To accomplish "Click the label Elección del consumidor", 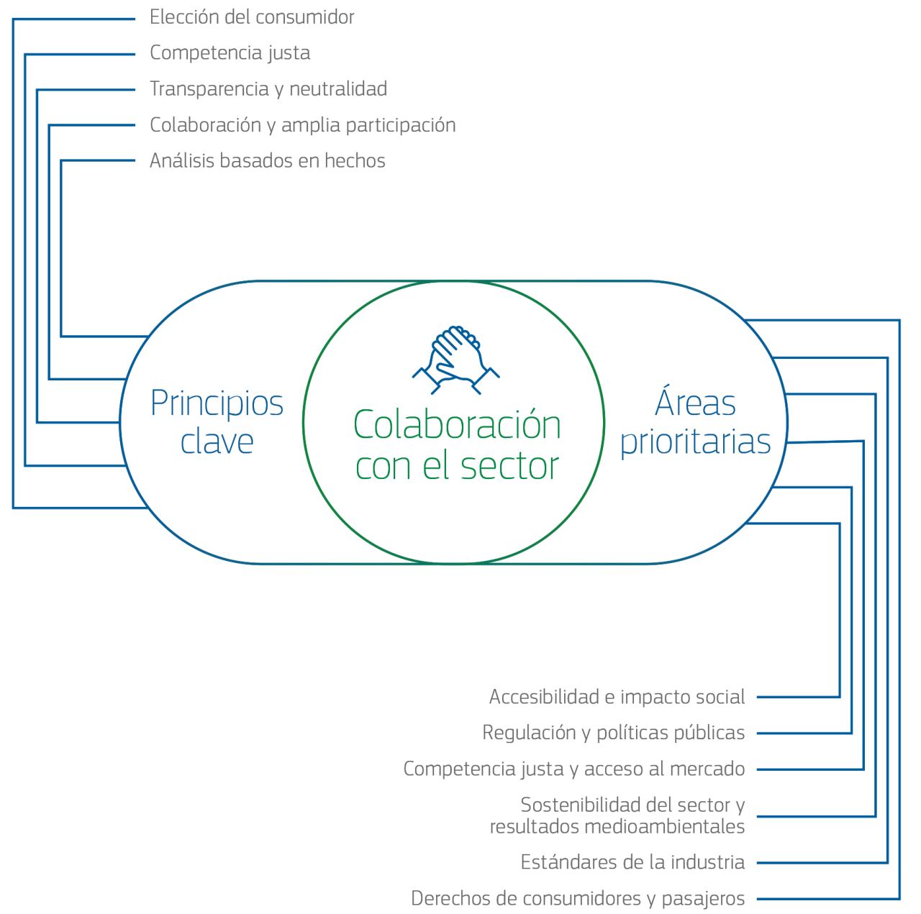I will [x=252, y=17].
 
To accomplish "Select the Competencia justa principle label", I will [x=230, y=53].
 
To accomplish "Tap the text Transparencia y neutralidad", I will [x=268, y=89].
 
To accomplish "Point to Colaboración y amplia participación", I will [x=302, y=125].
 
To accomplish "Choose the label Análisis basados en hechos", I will [x=267, y=161].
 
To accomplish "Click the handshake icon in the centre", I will [x=456, y=360].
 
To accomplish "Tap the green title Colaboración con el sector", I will [x=457, y=444].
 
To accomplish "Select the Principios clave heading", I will [x=217, y=422].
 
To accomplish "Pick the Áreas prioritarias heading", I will [x=695, y=422].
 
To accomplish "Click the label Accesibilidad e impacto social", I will [x=617, y=697].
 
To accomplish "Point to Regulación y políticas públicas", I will [x=613, y=733].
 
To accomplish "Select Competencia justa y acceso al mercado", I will [x=573, y=769].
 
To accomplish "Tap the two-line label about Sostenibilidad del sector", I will [x=617, y=815].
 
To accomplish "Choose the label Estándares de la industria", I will [x=632, y=862].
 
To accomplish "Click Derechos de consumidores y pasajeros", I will [x=578, y=898].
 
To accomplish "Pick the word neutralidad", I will [x=338, y=89].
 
